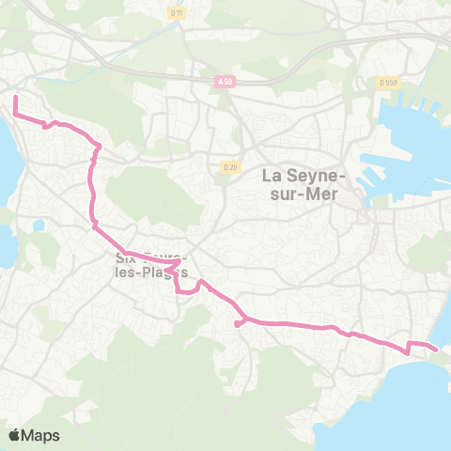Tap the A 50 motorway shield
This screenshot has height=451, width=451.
pos(224,82)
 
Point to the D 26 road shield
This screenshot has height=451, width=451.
pos(230,166)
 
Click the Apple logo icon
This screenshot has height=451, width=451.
pos(15,435)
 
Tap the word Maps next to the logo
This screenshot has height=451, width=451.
pos(41,435)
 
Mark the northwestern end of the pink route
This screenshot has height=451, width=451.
pos(14,98)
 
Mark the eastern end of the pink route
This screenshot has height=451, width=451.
pos(437,350)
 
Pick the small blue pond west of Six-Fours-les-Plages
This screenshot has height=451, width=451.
pos(38,226)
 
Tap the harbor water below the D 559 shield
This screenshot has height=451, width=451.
pos(413,141)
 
